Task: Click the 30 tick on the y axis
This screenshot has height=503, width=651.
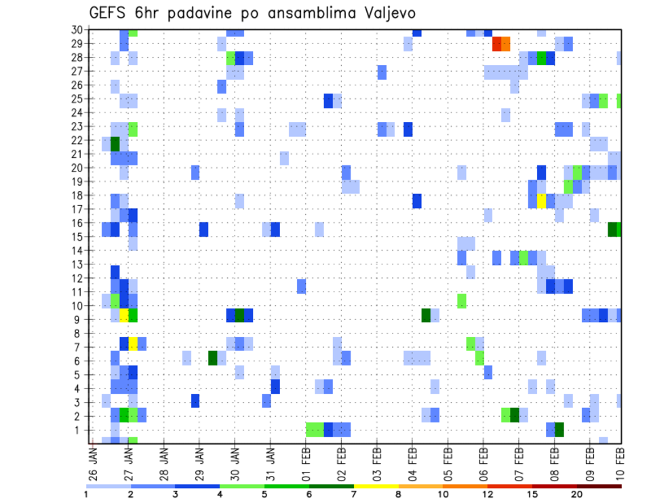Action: click(x=78, y=30)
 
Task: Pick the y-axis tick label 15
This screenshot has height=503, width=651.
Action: click(x=78, y=237)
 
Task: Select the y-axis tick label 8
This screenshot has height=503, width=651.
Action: click(x=81, y=334)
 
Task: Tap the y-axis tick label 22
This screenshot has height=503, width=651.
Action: click(x=78, y=140)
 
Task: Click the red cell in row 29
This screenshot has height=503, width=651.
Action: click(x=496, y=44)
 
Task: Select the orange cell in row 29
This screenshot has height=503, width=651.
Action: click(x=505, y=44)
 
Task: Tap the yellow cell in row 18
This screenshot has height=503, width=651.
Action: click(x=541, y=201)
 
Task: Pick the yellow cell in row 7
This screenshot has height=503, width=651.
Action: click(x=133, y=344)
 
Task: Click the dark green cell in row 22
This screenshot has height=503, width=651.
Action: click(x=115, y=144)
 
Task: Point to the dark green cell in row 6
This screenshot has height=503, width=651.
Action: click(x=213, y=357)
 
